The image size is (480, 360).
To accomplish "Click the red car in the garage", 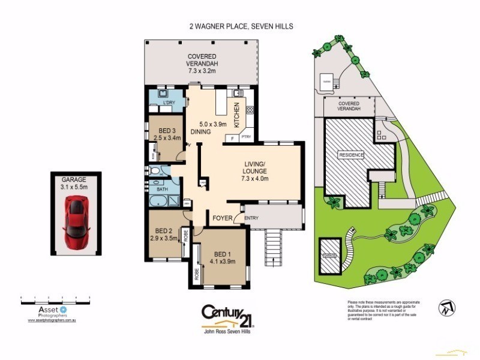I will point(76,224).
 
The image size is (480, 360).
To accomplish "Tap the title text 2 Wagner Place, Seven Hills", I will point(240,26).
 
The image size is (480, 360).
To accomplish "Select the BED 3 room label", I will point(167,131).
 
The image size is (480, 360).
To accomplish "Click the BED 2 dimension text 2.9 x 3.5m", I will point(163,238).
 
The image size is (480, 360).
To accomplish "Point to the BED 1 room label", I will point(223,253).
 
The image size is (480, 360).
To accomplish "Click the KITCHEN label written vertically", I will point(236,115).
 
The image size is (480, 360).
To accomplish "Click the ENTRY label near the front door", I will point(251,218).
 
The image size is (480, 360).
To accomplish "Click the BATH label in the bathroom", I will point(162,190).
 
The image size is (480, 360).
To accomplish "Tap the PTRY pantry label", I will point(246,137).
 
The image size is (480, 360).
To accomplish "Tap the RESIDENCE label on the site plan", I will point(352,154).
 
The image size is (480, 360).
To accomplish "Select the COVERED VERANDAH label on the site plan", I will point(349,106).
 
